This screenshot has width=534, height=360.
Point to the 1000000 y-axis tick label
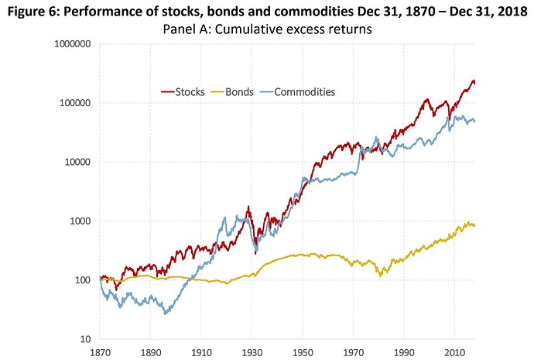67,44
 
